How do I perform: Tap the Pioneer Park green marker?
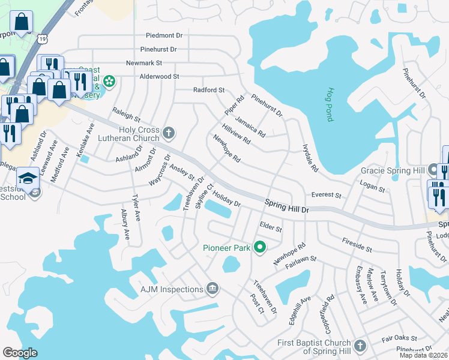(260, 247)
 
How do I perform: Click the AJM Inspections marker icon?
(212, 289)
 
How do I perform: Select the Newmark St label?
(144, 63)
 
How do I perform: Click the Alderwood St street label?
(159, 77)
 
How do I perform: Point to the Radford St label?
(209, 90)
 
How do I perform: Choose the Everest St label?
(327, 196)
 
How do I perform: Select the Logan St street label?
(372, 188)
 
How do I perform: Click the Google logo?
(20, 353)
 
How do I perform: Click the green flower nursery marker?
(109, 81)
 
